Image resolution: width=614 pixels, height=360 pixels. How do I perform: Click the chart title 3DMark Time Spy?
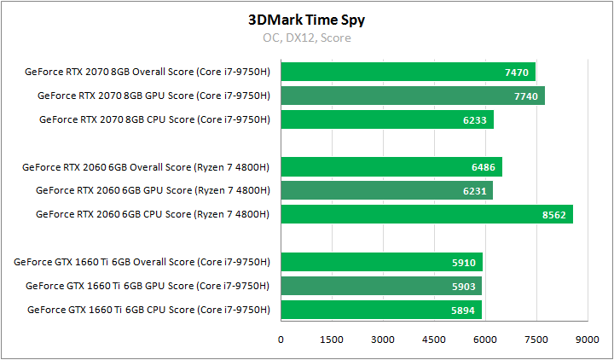click(306, 19)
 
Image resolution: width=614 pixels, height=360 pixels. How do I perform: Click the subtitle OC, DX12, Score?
click(306, 38)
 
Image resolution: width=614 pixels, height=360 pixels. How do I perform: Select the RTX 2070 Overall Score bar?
click(408, 73)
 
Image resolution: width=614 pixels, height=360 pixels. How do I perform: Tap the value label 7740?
click(526, 96)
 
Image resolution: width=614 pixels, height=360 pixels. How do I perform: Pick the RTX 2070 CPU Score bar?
click(386, 120)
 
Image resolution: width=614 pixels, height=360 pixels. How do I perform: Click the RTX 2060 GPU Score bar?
click(386, 190)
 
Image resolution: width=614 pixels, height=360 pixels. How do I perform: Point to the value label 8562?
click(553, 214)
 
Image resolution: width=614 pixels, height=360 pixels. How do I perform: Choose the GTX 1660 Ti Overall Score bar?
click(381, 262)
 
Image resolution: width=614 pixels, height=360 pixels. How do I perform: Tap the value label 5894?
click(463, 310)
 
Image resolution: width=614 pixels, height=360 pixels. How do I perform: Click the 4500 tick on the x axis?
click(434, 340)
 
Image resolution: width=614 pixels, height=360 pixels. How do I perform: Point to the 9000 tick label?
click(587, 340)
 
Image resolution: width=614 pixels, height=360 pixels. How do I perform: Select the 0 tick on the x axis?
click(281, 340)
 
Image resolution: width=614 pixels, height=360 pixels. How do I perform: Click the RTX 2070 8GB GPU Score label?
click(153, 96)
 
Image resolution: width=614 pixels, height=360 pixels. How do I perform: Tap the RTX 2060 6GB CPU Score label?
click(153, 214)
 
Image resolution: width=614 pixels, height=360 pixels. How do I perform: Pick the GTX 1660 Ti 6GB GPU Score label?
click(148, 286)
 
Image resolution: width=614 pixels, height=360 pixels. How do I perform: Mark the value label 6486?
click(483, 166)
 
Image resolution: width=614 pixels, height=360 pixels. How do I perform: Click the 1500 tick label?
click(332, 340)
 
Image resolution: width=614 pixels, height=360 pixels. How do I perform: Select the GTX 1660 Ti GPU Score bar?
click(381, 286)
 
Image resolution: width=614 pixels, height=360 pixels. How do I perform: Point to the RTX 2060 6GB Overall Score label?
click(146, 166)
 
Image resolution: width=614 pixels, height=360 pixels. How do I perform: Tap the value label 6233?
click(475, 120)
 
